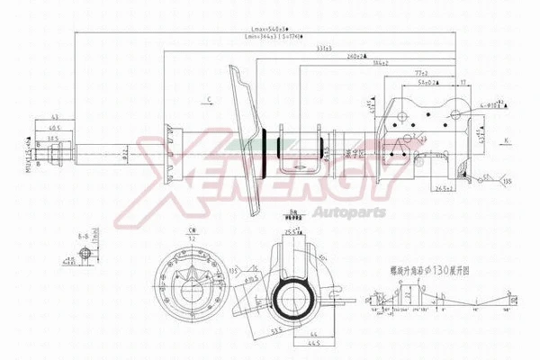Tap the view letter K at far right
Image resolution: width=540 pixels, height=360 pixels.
pos(506,140)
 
